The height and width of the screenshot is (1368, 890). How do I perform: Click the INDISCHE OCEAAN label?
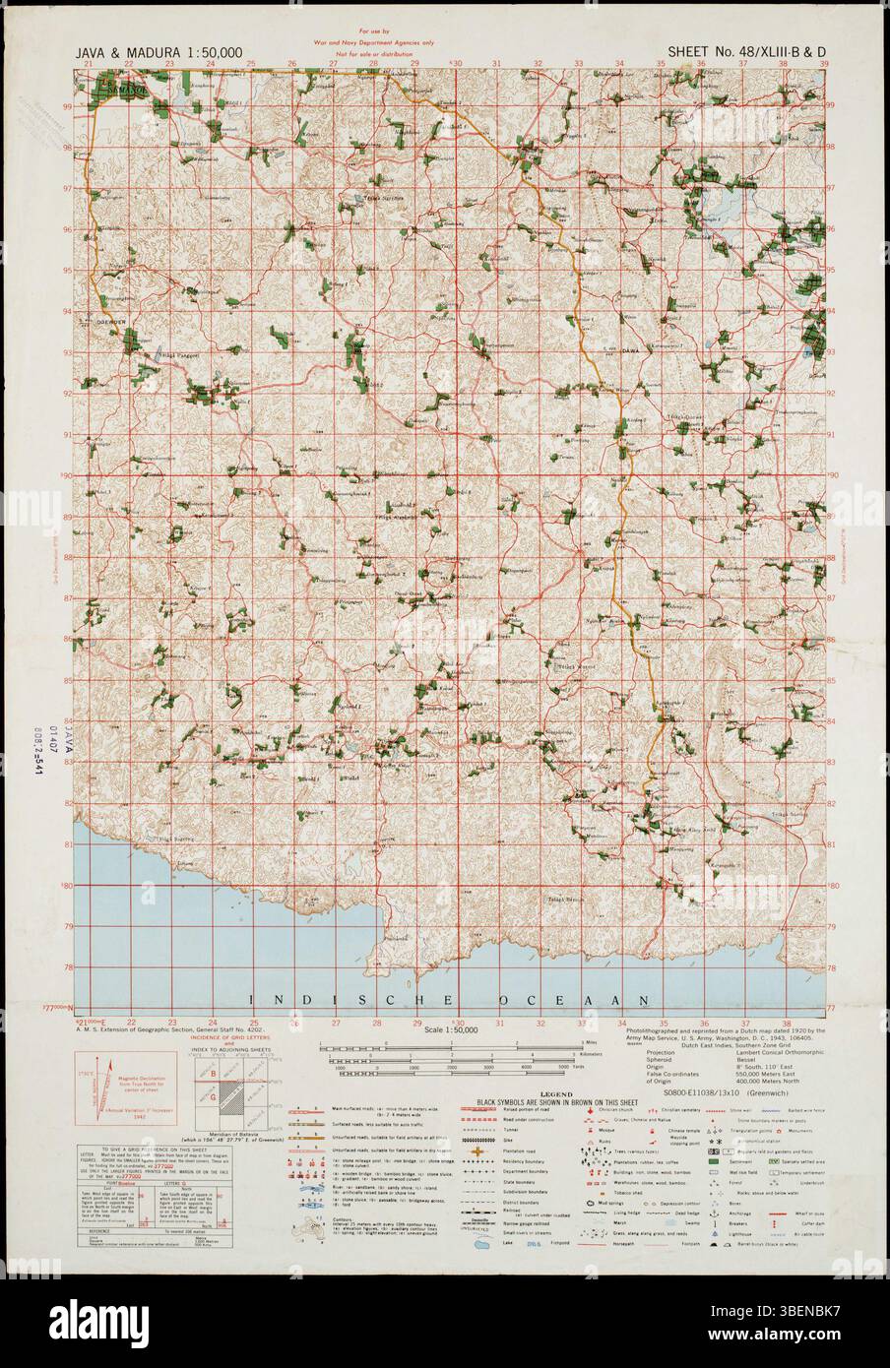[448, 1000]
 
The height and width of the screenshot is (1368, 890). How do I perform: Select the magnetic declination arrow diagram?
[111, 1084]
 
